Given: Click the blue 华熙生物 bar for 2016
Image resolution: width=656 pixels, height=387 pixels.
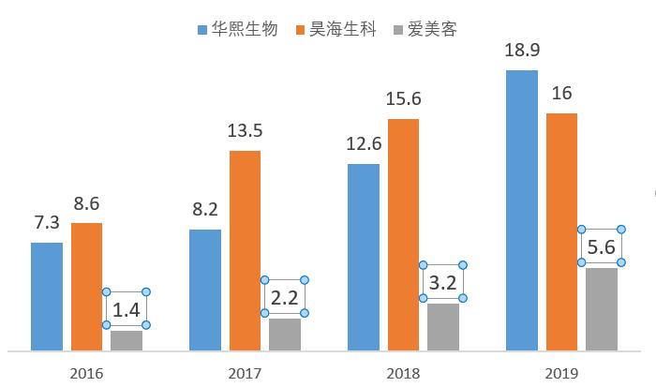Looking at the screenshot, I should coord(47,296).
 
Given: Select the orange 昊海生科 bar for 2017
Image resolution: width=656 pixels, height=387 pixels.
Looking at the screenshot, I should coord(245,250).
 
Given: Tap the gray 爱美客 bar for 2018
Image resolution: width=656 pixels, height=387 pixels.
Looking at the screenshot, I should coord(443,326).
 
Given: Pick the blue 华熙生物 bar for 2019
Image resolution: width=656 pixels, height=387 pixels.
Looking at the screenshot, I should coord(522,210).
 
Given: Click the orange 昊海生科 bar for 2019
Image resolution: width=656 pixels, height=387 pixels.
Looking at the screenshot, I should coord(561,231).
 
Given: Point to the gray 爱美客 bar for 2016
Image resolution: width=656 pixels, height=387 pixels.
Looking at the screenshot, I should coord(127,340).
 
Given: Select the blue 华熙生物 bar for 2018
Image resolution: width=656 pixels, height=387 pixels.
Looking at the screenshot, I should coord(364,257).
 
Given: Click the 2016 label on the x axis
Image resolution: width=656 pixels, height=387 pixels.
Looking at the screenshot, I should coord(86,373).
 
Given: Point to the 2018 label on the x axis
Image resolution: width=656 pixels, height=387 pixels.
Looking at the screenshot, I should coord(403,373).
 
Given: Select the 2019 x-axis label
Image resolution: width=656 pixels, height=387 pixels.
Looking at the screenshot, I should coord(560,373).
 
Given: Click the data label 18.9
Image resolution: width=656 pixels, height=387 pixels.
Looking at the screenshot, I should coord(522,50).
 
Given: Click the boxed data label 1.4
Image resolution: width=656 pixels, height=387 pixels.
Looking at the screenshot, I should coord(126,309).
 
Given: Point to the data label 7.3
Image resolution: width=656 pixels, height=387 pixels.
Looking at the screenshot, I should coord(47,223).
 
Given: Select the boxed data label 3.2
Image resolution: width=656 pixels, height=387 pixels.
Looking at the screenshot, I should coord(442,282).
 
